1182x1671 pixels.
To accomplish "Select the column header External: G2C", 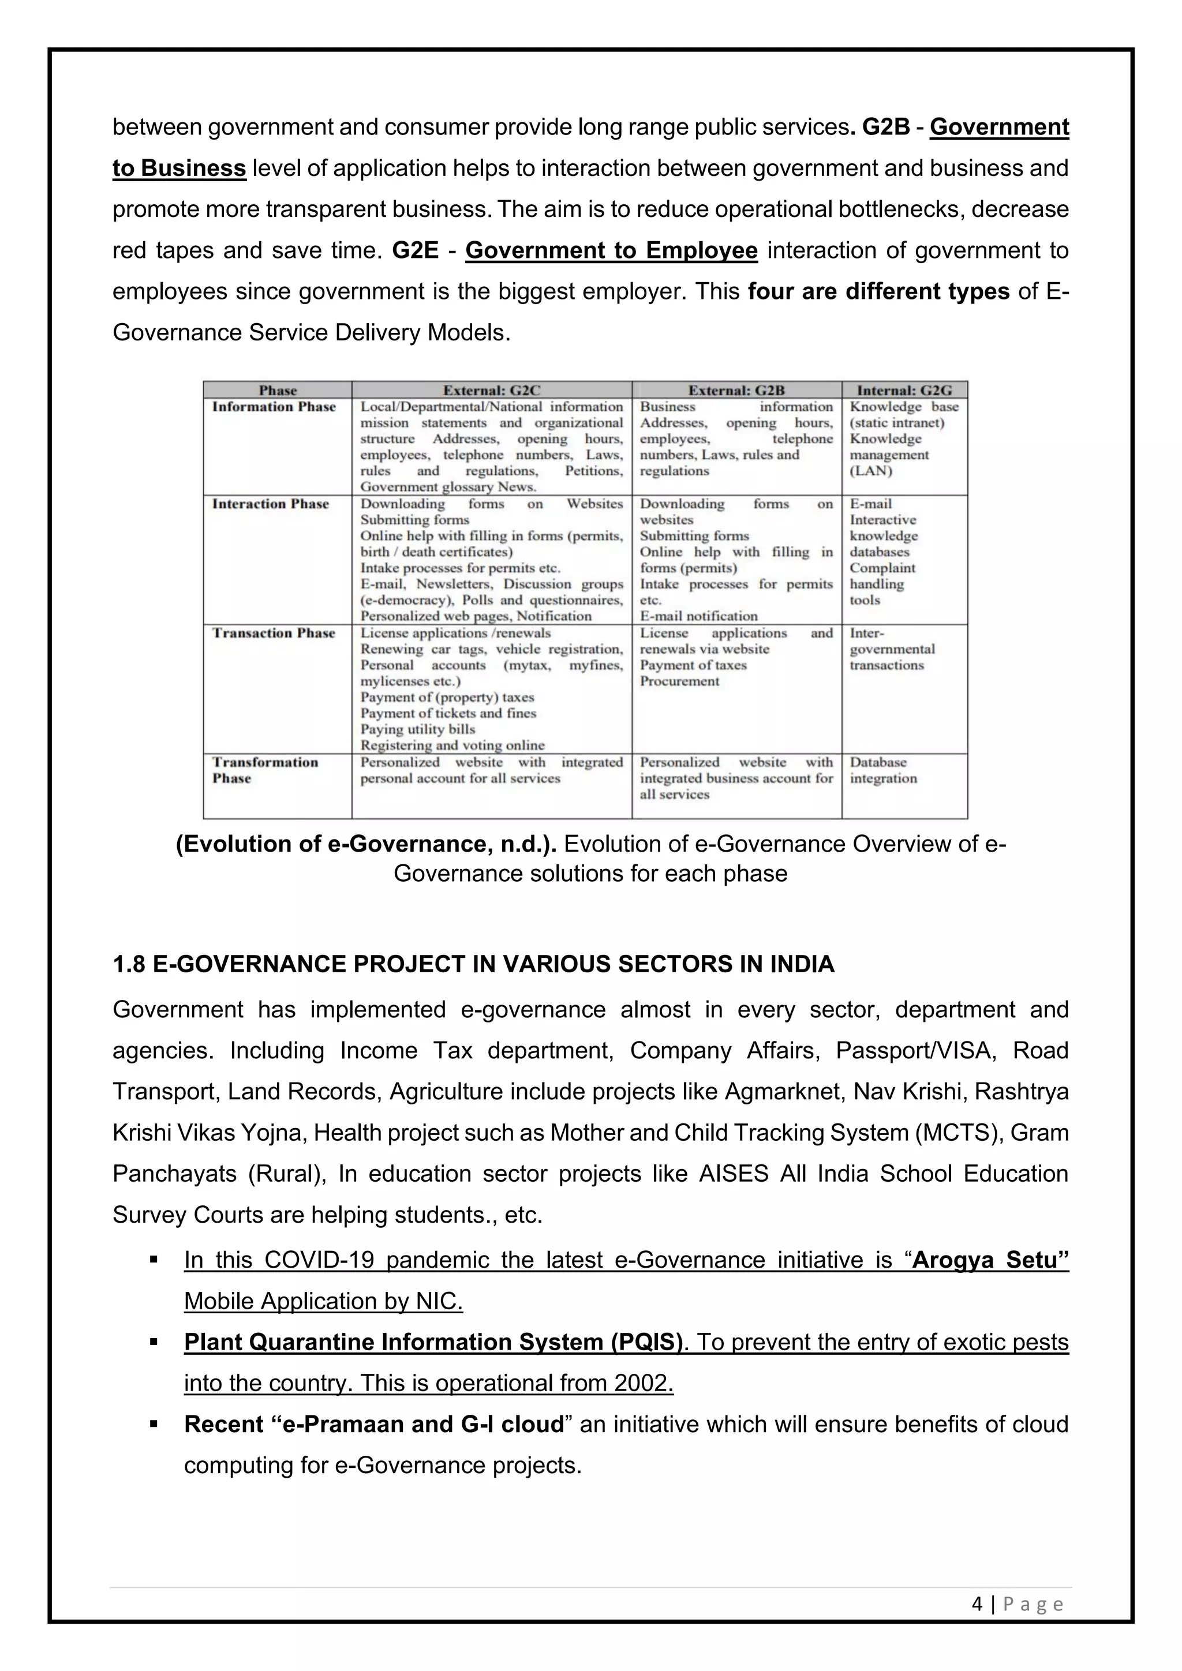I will [x=491, y=390].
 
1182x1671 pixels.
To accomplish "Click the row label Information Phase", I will [x=274, y=407].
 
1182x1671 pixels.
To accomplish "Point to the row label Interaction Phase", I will [x=270, y=504].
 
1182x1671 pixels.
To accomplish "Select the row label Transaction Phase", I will [x=274, y=633].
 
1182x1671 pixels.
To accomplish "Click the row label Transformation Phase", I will [x=265, y=770].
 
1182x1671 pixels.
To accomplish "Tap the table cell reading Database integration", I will [x=883, y=770].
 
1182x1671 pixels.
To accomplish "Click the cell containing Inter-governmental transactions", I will [x=892, y=649].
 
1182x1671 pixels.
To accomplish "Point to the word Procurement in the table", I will [x=679, y=681].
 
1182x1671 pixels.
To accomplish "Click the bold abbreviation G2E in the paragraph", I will [x=415, y=250].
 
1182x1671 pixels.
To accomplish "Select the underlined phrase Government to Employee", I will [x=611, y=250].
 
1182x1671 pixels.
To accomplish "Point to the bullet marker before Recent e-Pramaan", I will [x=154, y=1423].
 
